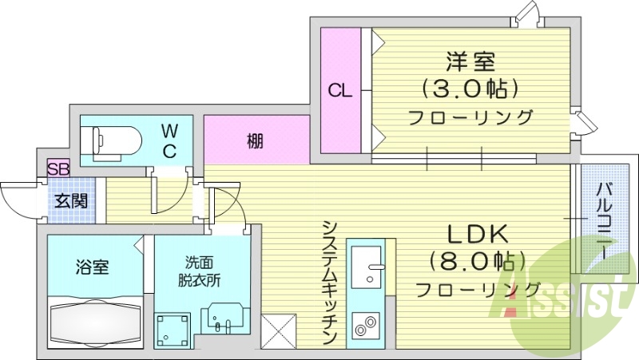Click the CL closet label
340,91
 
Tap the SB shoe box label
58,168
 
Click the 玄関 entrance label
71,200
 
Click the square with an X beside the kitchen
280,330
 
